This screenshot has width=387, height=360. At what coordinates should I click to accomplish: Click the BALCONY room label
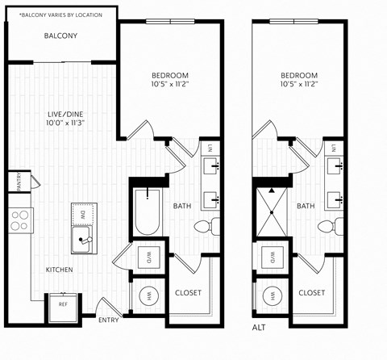pyautogui.click(x=60, y=36)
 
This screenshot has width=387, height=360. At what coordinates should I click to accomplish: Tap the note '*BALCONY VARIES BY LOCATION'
pyautogui.click(x=60, y=15)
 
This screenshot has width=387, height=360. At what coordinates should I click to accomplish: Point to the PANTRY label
pyautogui.click(x=15, y=182)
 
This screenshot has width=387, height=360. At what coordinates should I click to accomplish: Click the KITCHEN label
pyautogui.click(x=60, y=270)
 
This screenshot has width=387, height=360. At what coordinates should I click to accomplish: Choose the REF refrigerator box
pyautogui.click(x=63, y=305)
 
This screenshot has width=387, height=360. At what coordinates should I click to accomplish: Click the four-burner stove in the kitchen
pyautogui.click(x=19, y=220)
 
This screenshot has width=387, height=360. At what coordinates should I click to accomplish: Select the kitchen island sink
pyautogui.click(x=81, y=239)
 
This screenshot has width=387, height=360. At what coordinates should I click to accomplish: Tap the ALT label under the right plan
pyautogui.click(x=259, y=328)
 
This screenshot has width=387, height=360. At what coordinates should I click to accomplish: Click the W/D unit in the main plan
pyautogui.click(x=148, y=259)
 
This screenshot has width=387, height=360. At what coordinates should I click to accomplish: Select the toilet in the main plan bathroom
pyautogui.click(x=211, y=226)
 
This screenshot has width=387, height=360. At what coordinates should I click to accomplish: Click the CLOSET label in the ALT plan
pyautogui.click(x=311, y=292)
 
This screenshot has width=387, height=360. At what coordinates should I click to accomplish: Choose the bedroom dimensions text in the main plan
pyautogui.click(x=169, y=83)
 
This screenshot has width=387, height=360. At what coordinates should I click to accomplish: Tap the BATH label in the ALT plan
pyautogui.click(x=306, y=207)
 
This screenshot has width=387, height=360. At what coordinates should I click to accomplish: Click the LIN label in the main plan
pyautogui.click(x=209, y=148)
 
